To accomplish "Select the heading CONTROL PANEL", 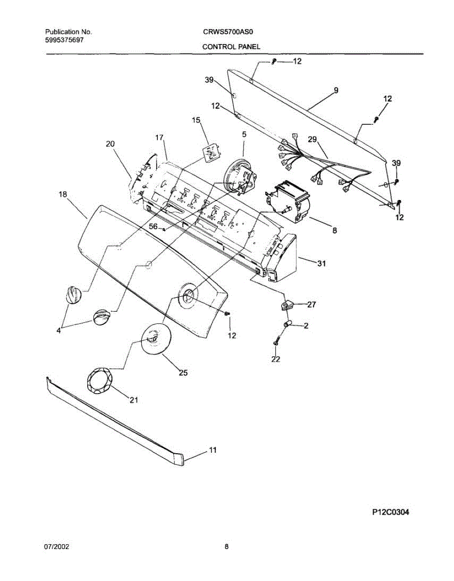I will coord(231,46).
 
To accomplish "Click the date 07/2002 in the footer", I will coord(57,547).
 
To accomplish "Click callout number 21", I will coord(134,399).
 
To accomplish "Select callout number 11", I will coord(212,450).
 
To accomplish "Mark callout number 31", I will coord(321,263).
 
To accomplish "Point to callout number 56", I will coord(153,226).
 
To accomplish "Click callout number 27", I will coord(312,305).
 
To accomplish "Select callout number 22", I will coord(276,359).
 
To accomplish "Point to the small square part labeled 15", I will coord(211,153).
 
